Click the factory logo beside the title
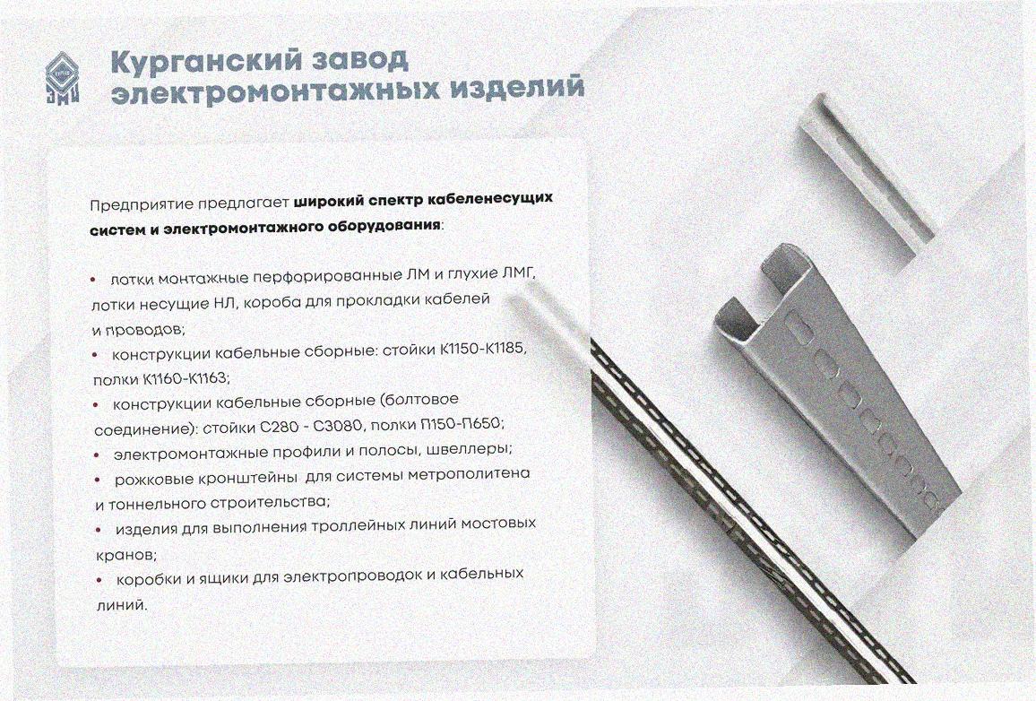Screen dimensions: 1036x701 [63, 78]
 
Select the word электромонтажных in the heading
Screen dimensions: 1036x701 [275, 91]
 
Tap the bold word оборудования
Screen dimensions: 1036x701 [384, 226]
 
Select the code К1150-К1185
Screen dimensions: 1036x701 [483, 348]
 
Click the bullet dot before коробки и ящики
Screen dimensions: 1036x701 [99, 580]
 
